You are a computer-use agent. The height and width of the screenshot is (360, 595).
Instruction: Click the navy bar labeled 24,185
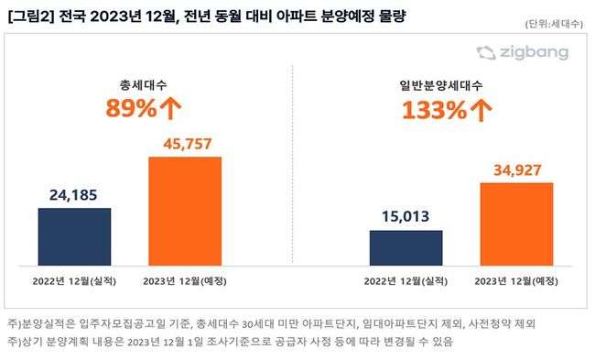click(74, 237)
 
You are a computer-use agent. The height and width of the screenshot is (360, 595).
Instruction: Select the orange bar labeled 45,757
click(185, 211)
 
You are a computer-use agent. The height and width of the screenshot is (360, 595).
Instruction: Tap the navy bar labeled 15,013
click(406, 248)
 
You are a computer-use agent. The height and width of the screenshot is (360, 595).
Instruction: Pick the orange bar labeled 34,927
click(516, 224)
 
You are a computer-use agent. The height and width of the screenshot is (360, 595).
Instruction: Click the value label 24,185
click(73, 195)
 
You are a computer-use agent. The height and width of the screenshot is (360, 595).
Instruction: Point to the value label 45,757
click(188, 144)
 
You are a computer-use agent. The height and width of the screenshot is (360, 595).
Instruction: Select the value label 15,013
click(406, 216)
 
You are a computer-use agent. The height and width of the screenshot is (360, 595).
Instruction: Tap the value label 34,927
click(517, 170)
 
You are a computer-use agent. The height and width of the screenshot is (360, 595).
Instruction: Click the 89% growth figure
click(131, 108)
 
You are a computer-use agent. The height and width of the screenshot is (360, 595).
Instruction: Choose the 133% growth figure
click(434, 110)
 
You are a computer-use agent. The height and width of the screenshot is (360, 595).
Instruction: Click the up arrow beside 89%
click(170, 109)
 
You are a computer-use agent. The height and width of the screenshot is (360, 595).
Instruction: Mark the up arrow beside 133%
click(481, 111)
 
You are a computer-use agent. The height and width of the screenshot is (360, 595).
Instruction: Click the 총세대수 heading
click(143, 84)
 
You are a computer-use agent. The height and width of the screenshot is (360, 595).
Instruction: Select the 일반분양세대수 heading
click(441, 85)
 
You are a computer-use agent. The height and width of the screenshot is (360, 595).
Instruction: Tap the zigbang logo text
click(534, 52)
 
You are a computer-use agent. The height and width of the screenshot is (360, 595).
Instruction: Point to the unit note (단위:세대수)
click(554, 24)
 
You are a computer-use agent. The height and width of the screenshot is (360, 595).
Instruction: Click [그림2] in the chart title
click(31, 16)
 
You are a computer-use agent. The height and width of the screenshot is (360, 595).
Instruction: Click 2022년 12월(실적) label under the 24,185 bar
click(74, 281)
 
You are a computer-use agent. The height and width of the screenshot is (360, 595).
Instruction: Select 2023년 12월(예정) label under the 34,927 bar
click(516, 281)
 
